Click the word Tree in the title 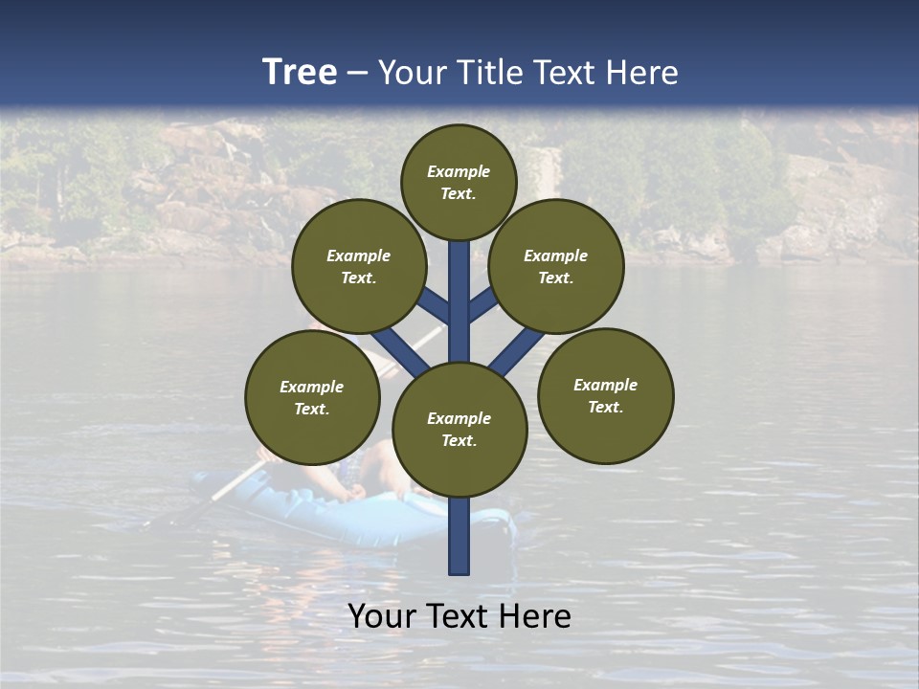(300, 72)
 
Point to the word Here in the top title (642, 72)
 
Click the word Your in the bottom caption (383, 616)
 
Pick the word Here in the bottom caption (535, 616)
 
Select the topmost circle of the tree (459, 182)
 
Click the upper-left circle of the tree (359, 266)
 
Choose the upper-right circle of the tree (556, 266)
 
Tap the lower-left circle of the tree (312, 397)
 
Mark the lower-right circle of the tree (606, 395)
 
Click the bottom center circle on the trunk (459, 430)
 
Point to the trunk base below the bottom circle (459, 536)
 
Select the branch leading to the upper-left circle (434, 306)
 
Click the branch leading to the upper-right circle (483, 305)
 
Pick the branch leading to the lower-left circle (400, 351)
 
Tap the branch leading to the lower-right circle (517, 351)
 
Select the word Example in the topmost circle (459, 171)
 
